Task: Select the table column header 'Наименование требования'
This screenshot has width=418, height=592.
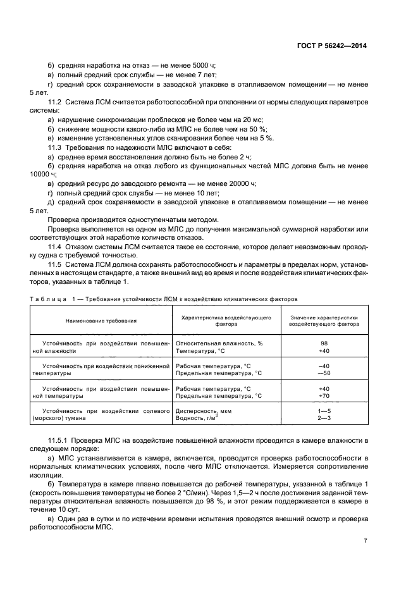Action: [101, 321]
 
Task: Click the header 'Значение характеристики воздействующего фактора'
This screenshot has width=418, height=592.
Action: [324, 320]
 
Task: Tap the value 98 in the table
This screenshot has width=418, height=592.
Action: [324, 343]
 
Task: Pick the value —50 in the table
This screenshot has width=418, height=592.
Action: [324, 373]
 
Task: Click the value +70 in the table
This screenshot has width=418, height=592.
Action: [324, 396]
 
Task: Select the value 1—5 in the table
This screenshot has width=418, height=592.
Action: [324, 410]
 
